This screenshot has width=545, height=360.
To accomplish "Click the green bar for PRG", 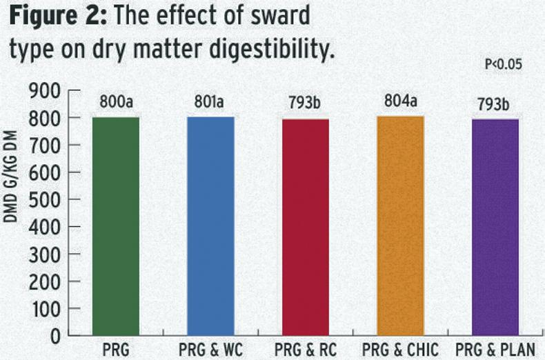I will tap(116, 226).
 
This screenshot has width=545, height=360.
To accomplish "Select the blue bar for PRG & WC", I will tap(210, 226).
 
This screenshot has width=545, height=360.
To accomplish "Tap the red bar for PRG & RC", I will tap(306, 228).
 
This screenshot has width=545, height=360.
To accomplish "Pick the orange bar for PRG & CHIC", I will tap(400, 226).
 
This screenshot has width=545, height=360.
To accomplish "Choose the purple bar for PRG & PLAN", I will tap(494, 228).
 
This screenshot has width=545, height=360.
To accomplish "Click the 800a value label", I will tap(116, 104).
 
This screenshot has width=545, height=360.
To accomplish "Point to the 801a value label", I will tap(210, 104).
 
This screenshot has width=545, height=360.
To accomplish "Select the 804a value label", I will tap(400, 103).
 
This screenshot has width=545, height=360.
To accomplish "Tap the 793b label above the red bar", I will tap(306, 106).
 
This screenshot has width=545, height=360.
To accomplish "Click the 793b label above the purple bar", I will tap(494, 106).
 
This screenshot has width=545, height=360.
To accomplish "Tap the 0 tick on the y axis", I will tap(57, 336).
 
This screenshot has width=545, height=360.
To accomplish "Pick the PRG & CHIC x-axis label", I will tap(400, 350).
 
